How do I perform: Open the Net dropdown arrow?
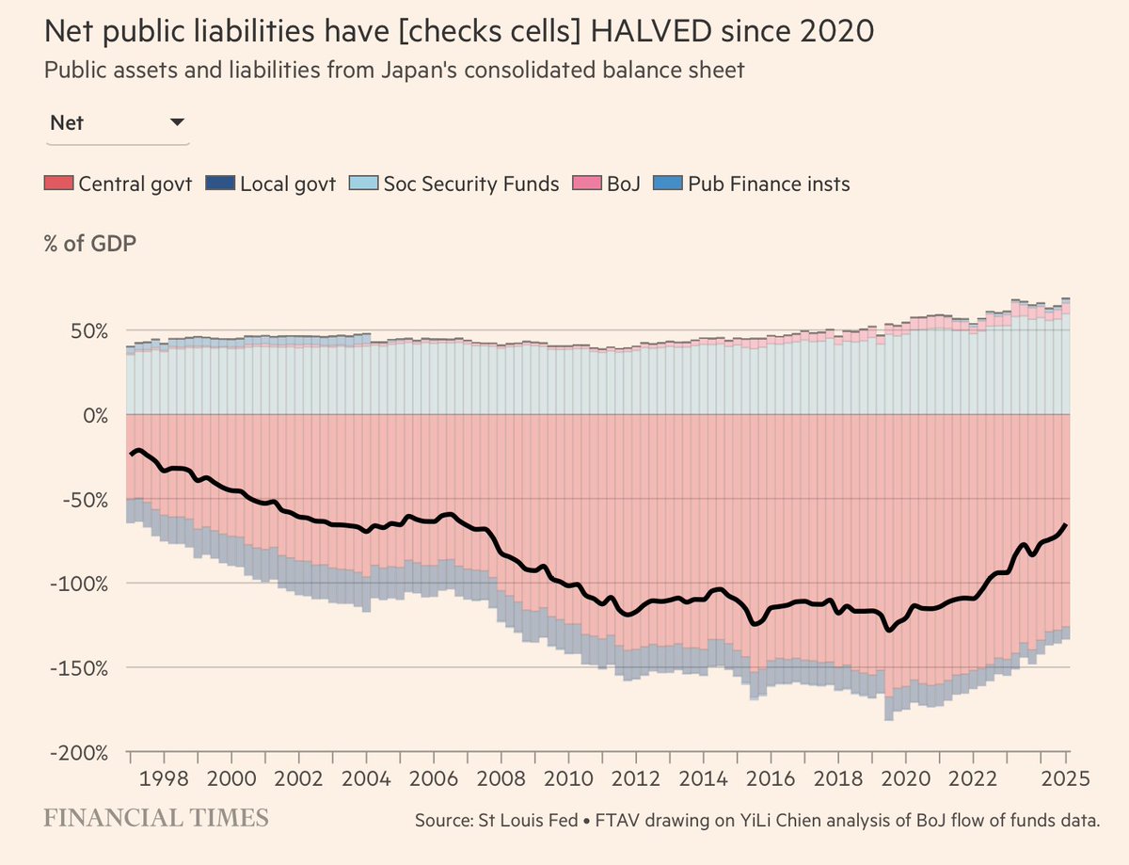point(176,122)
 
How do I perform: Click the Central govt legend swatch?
point(58,184)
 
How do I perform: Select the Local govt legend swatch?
point(219,184)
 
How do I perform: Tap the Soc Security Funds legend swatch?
point(362,184)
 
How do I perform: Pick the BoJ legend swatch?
point(588,184)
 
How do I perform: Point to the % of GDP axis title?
point(89,244)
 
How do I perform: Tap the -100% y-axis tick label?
point(84,584)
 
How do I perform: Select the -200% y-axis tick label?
point(84,753)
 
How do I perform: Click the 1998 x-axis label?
point(164,781)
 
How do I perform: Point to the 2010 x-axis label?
point(568,781)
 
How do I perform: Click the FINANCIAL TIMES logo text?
point(155,818)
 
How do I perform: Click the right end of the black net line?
point(1065,525)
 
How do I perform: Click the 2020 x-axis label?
point(905,781)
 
